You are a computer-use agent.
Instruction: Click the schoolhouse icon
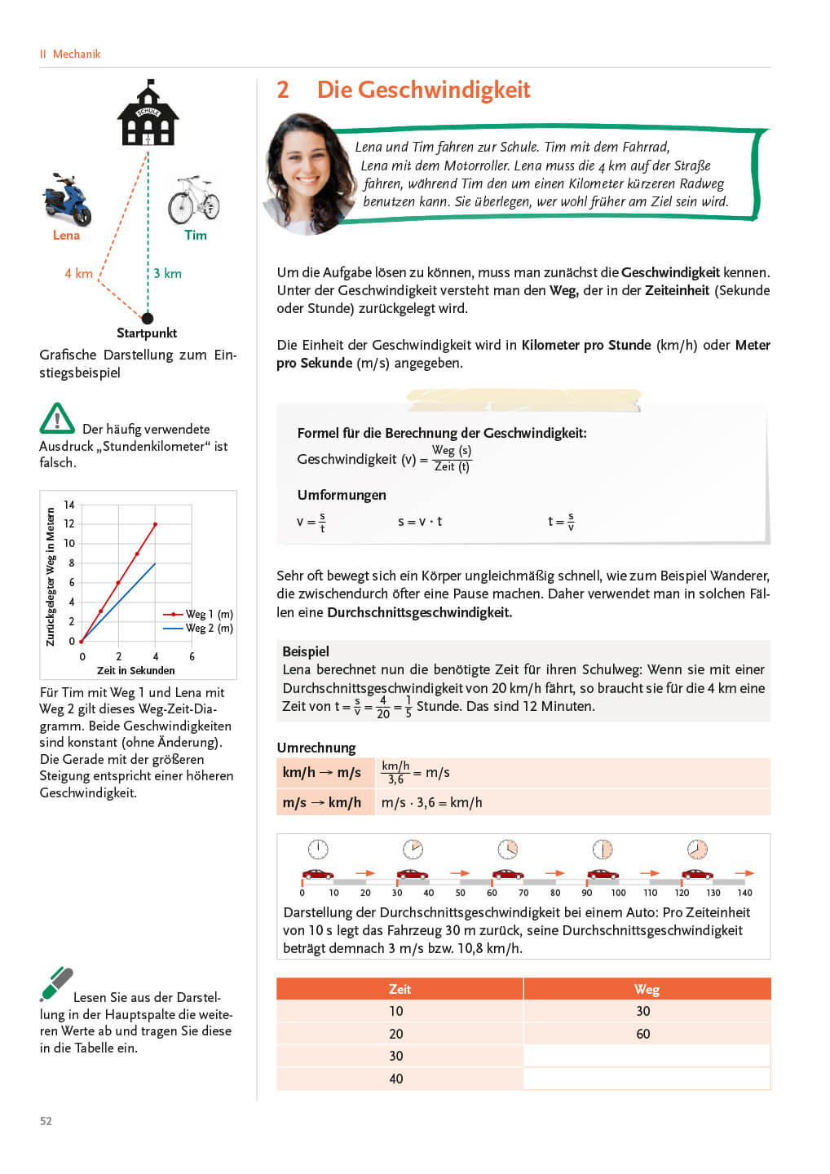[x=148, y=114]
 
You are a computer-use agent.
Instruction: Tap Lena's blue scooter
[x=67, y=199]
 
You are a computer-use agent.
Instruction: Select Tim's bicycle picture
[x=194, y=200]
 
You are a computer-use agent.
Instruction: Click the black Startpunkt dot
[x=148, y=318]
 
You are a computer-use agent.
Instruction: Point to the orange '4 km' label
[x=79, y=274]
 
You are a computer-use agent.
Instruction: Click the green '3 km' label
[x=168, y=274]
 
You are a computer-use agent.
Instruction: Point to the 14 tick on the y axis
[x=69, y=505]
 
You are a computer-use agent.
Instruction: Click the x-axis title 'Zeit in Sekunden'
[x=135, y=671]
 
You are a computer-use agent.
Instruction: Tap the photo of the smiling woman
[x=307, y=174]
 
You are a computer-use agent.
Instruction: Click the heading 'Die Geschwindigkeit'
[x=423, y=90]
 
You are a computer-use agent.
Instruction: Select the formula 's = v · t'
[x=420, y=522]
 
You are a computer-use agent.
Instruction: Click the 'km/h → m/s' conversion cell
[x=322, y=773]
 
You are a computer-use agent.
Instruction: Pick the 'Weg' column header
[x=647, y=989]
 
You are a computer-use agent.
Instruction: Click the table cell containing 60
[x=643, y=1034]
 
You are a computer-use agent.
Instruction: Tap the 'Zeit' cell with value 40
[x=396, y=1079]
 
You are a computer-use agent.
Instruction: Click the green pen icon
[x=56, y=984]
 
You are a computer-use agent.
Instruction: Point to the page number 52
[x=46, y=1121]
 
